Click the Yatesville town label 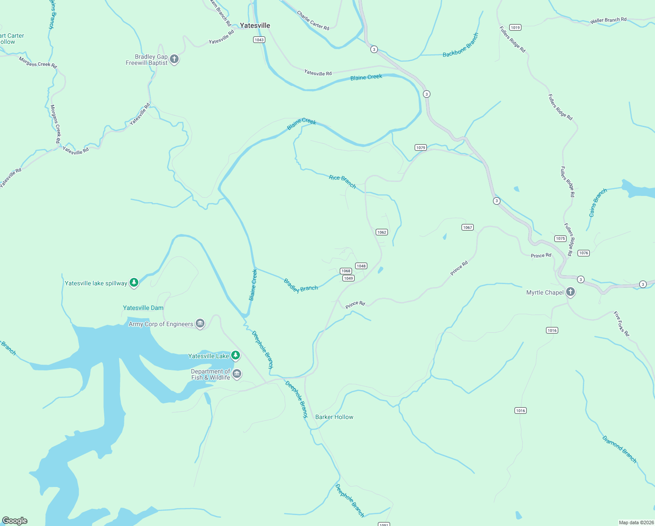point(255,25)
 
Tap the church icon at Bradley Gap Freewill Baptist point(174,59)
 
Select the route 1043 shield point(259,40)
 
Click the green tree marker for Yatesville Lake point(236,355)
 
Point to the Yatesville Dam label point(143,308)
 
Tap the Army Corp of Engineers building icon point(200,324)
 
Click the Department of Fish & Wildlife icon point(237,374)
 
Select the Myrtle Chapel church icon point(570,292)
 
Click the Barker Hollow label point(334,417)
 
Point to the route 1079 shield point(421,148)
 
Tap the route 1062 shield point(381,232)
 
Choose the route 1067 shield point(467,227)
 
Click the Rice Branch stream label point(342,181)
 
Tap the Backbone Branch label point(461,45)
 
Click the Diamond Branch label point(619,449)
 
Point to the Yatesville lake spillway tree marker point(134,283)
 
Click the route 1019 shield point(515,28)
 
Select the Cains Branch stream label point(598,203)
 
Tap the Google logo point(15,520)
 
